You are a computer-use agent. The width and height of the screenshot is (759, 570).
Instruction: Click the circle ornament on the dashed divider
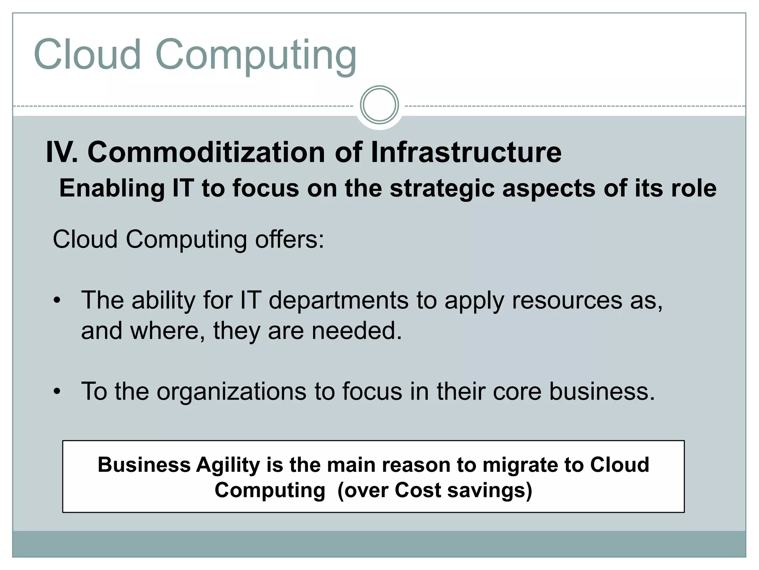379,105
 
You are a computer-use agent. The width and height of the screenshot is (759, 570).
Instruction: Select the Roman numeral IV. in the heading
62,153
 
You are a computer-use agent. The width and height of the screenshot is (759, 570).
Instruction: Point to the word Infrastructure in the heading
466,153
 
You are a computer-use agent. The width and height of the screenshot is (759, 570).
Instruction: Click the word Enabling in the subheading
112,188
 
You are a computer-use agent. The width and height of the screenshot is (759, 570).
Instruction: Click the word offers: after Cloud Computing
289,239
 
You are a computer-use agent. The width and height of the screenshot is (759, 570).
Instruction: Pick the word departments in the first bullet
338,300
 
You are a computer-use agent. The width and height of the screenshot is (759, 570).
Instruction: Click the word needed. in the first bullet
357,331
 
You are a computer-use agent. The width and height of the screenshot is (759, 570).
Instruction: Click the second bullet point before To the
56,391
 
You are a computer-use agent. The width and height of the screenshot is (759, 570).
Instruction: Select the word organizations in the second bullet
232,392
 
